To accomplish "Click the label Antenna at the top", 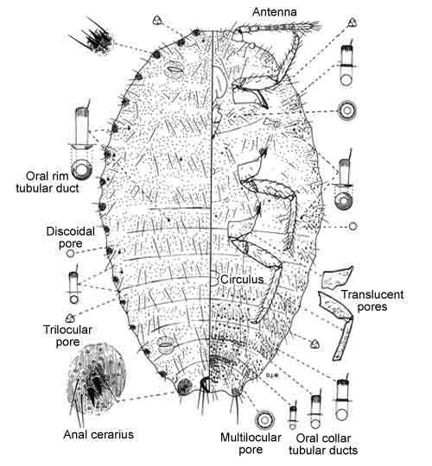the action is (274, 12).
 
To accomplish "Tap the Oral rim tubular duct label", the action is (48, 182).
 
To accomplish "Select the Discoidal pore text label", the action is (71, 237).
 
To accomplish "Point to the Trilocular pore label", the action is (67, 336).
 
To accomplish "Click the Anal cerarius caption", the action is (98, 434).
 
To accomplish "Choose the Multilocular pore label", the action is (251, 443).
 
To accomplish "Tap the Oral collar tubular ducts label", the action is (323, 444).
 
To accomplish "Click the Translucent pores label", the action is (372, 300).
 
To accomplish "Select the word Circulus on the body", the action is (242, 279).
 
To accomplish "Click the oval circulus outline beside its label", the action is (214, 279).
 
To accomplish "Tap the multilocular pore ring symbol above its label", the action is (264, 420).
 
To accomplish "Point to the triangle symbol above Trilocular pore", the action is (70, 318).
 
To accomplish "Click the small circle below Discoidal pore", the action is (70, 254).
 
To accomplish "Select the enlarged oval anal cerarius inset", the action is (96, 376).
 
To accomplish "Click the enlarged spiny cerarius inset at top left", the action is (96, 38).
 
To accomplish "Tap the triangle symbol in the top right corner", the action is (353, 22).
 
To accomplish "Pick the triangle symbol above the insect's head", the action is (158, 20).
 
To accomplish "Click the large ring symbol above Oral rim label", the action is (82, 169).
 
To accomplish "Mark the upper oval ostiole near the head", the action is (174, 70).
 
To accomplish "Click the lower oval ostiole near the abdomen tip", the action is (165, 345).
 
